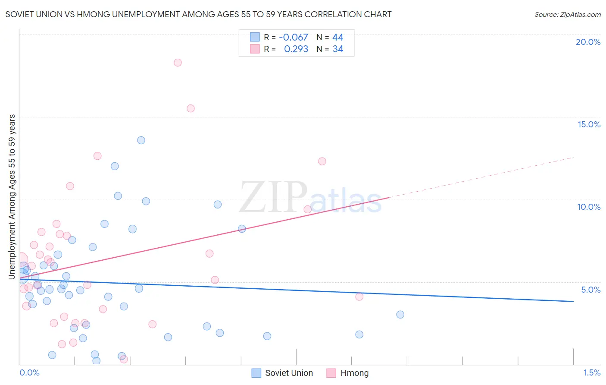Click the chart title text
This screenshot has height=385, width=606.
(x=198, y=14)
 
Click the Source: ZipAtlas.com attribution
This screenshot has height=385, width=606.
(x=567, y=14)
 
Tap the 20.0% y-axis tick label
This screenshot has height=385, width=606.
(x=588, y=42)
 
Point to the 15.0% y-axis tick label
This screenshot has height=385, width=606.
(x=589, y=124)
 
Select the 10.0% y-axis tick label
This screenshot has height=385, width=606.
(x=589, y=207)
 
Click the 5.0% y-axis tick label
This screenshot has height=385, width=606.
(x=590, y=290)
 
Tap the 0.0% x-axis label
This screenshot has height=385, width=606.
(x=29, y=372)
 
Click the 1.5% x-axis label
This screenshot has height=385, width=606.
(x=592, y=372)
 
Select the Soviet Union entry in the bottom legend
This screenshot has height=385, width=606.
(x=282, y=373)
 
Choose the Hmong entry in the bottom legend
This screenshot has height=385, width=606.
(x=348, y=373)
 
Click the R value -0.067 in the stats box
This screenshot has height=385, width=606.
(x=294, y=37)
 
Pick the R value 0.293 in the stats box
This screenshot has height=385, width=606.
(x=296, y=49)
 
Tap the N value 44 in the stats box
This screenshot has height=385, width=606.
(x=338, y=37)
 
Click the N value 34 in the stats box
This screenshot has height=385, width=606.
(x=338, y=49)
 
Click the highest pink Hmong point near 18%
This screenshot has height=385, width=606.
(x=178, y=63)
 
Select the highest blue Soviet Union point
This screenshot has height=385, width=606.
(x=141, y=140)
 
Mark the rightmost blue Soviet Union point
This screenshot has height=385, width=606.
(x=400, y=315)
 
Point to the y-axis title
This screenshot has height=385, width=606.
(x=12, y=196)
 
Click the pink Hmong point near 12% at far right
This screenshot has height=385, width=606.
(x=322, y=161)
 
